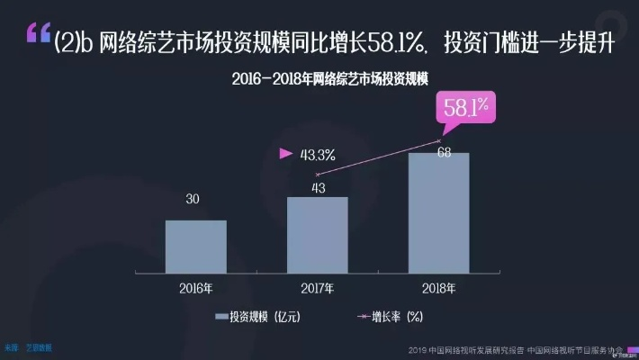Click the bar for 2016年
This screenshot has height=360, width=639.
pos(195,245)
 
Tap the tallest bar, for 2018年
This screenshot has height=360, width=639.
pos(438,211)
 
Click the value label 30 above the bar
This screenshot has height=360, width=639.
pos(193,199)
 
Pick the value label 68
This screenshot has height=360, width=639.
pos(444,152)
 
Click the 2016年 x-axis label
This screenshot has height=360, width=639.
pos(195,288)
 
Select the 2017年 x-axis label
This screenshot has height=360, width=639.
pos(317,288)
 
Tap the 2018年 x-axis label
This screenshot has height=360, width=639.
pos(438,288)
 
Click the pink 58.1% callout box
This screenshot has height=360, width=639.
pos(465,107)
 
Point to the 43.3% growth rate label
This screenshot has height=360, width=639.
pos(318,155)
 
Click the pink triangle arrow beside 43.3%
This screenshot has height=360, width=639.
pos(286,154)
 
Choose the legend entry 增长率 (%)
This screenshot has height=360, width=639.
pos(389,317)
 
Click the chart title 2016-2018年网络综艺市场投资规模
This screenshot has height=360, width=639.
pos(319,79)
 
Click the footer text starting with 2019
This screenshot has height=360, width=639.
pos(514,349)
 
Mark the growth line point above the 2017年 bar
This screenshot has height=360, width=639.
pos(317,175)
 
